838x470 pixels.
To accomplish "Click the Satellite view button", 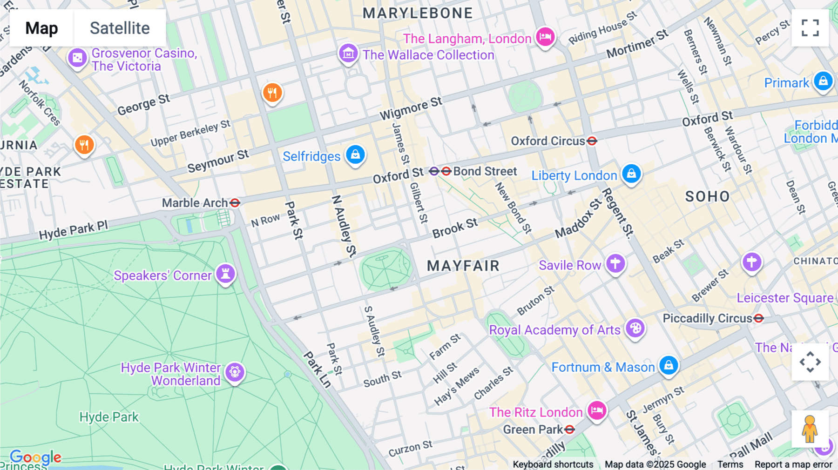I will [x=120, y=28].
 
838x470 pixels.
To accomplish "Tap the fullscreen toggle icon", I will [x=810, y=28].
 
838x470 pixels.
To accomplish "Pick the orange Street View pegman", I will [x=810, y=429].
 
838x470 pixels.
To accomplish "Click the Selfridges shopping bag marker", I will [x=355, y=154].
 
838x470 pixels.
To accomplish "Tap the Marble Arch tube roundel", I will [x=235, y=203].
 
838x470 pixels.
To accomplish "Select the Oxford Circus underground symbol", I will [x=592, y=141].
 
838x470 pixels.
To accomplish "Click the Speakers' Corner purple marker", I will [x=225, y=274].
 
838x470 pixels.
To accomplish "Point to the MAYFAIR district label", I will [x=463, y=266].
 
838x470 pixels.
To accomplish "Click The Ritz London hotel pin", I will [x=596, y=410].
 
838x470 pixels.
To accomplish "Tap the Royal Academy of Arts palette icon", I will [x=635, y=329].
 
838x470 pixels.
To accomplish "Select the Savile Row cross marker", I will [x=615, y=263].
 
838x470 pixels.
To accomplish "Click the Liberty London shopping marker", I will [x=631, y=174].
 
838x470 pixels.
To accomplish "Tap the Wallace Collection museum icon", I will [x=348, y=54].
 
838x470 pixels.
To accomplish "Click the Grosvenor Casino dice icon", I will [x=77, y=58].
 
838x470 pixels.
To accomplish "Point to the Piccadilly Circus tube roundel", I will [x=758, y=318].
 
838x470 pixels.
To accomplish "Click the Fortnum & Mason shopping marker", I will [x=669, y=365].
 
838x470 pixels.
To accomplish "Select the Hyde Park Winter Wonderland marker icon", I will [x=235, y=372].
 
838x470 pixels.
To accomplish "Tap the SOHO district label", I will [x=707, y=196].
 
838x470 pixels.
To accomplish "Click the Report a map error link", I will [x=793, y=464].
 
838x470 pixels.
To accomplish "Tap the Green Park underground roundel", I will [x=569, y=430].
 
